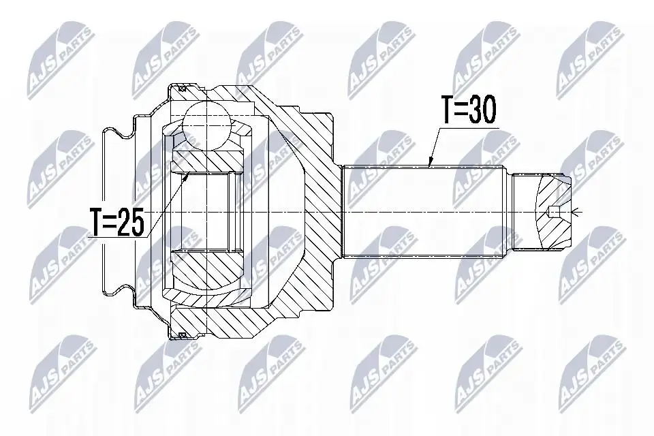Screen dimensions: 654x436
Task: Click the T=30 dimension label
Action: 469,109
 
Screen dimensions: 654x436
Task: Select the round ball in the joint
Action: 207,125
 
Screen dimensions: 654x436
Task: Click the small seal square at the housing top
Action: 181,89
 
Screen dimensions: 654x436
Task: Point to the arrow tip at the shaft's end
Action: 573,213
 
